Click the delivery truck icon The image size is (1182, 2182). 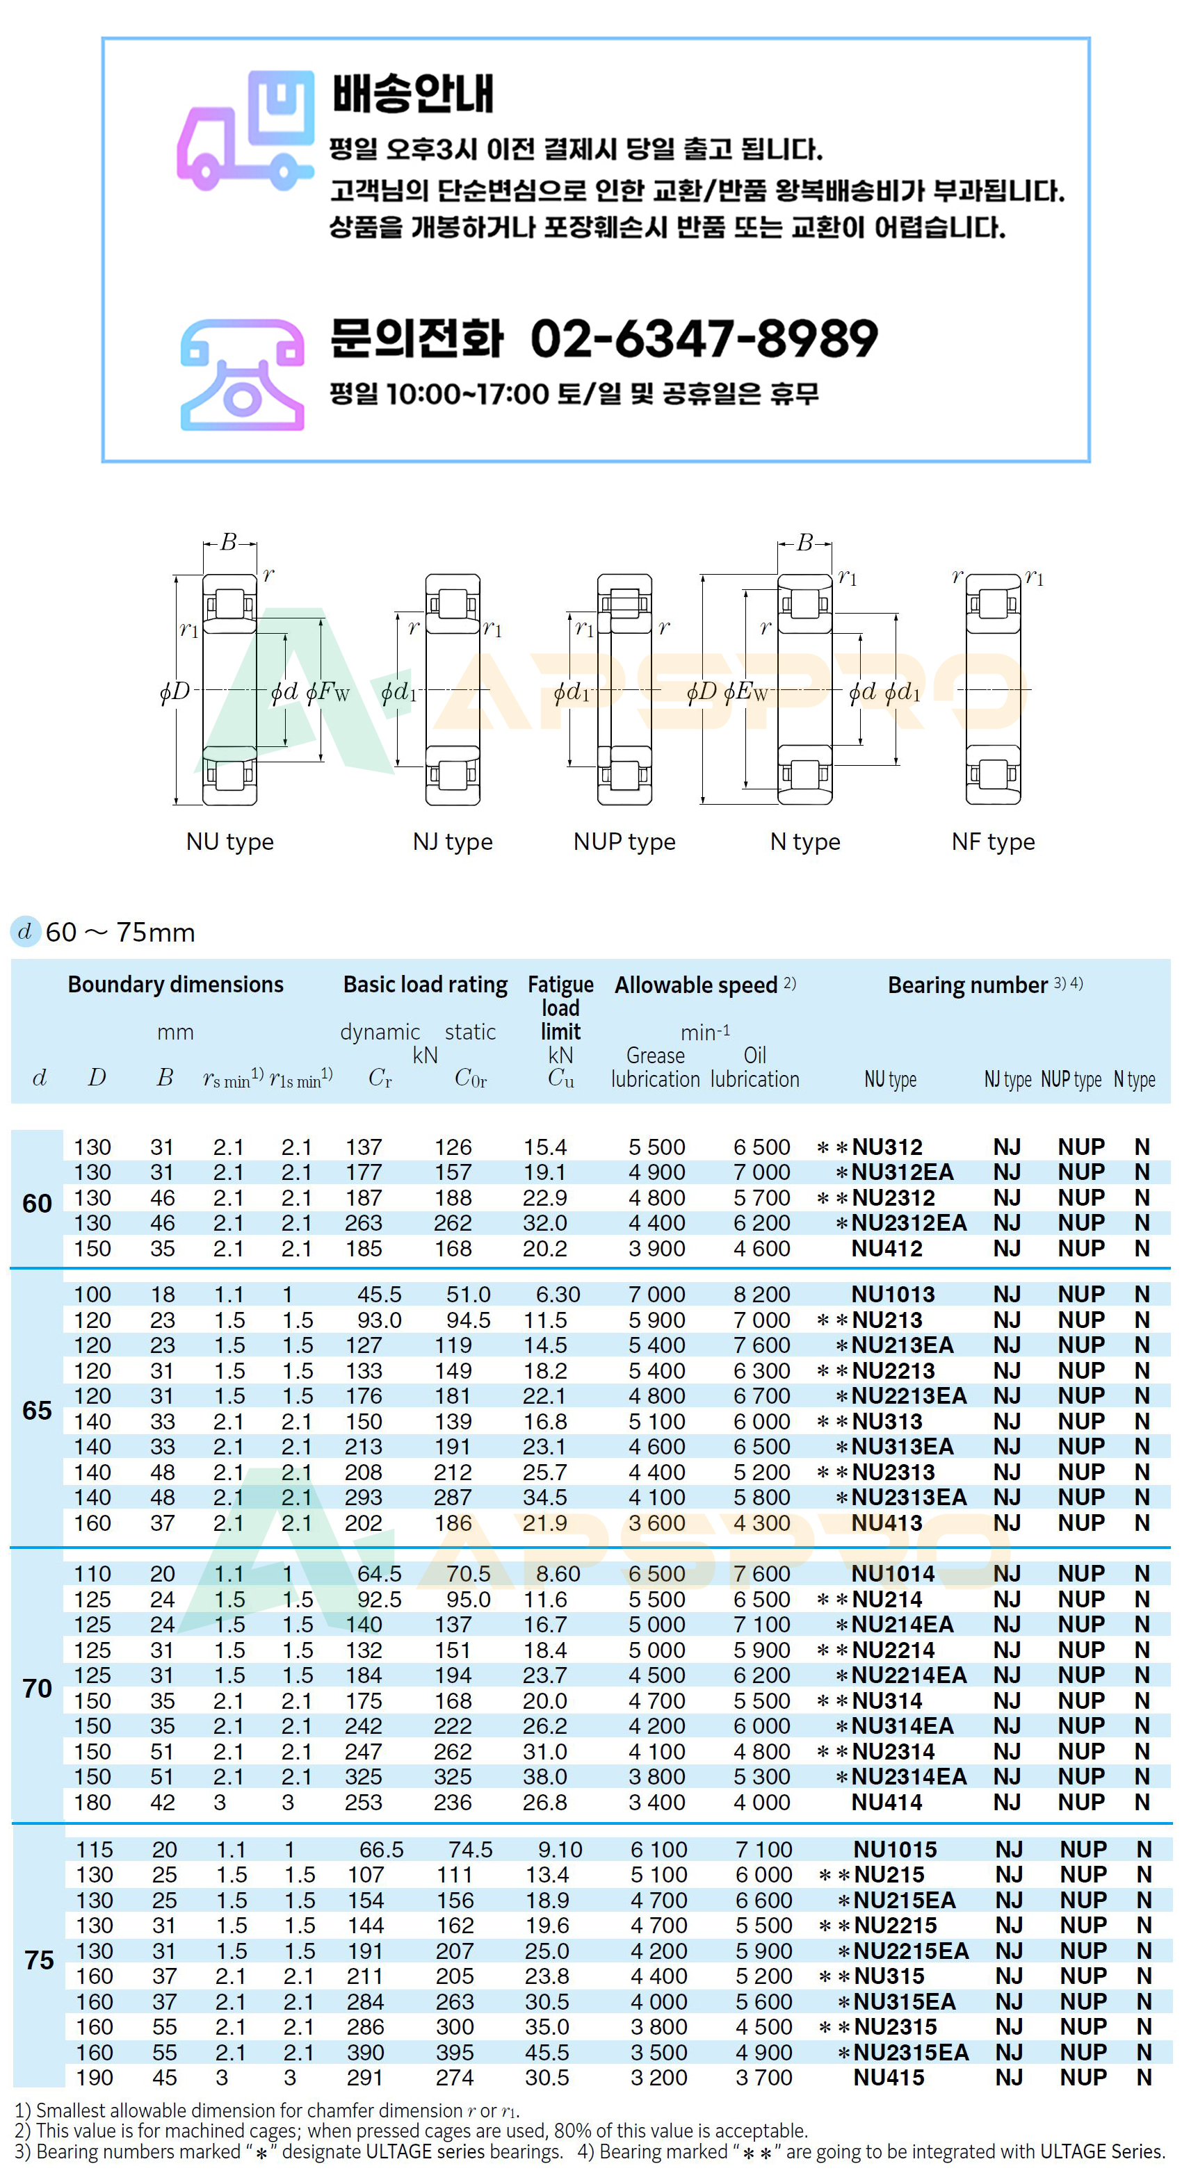pyautogui.click(x=245, y=131)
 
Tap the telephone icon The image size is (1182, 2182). pyautogui.click(x=243, y=375)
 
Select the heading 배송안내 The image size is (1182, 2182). pyautogui.click(x=412, y=93)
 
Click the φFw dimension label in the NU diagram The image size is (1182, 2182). pyautogui.click(x=328, y=692)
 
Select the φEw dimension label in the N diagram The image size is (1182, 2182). pyautogui.click(x=745, y=692)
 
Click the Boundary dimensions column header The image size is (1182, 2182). pyautogui.click(x=175, y=984)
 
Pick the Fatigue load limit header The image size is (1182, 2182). pyautogui.click(x=560, y=1007)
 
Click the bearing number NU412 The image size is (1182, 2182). pyautogui.click(x=886, y=1249)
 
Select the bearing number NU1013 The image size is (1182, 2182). pyautogui.click(x=892, y=1295)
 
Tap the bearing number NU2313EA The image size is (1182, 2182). pyautogui.click(x=908, y=1498)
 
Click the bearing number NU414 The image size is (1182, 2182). pyautogui.click(x=886, y=1803)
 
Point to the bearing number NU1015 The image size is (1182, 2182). pyautogui.click(x=895, y=1850)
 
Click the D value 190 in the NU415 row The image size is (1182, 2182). pyautogui.click(x=94, y=2078)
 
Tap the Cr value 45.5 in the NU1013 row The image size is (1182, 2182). pyautogui.click(x=379, y=1295)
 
